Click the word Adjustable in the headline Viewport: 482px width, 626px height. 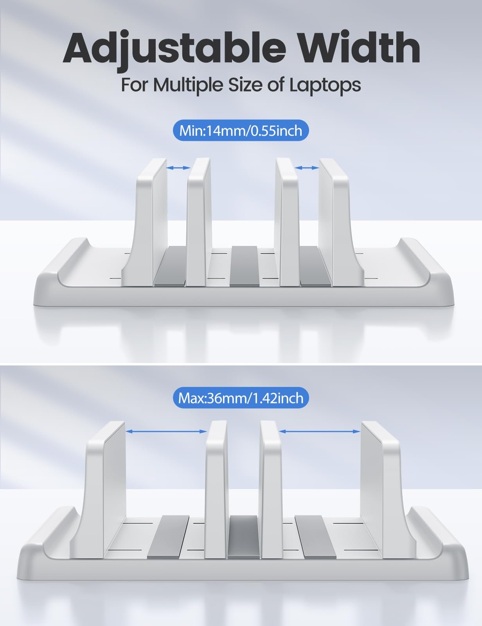click(x=174, y=49)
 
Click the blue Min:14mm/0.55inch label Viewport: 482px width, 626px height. click(x=241, y=131)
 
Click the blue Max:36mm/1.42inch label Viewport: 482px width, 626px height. click(x=241, y=398)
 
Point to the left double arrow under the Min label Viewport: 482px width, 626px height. click(x=178, y=167)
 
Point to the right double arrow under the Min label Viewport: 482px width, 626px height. click(x=307, y=167)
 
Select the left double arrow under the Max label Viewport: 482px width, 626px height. click(x=166, y=431)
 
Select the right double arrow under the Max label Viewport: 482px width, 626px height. click(x=320, y=431)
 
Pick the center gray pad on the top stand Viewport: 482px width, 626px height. click(x=245, y=266)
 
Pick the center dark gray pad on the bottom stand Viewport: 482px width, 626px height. click(x=244, y=537)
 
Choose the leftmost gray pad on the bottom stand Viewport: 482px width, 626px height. click(x=169, y=537)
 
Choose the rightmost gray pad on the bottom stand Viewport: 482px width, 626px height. click(x=316, y=537)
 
